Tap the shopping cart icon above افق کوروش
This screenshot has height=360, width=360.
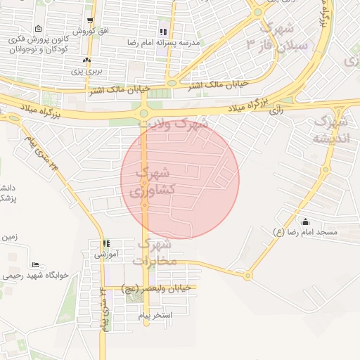click(89, 20)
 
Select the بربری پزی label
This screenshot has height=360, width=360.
click(77, 71)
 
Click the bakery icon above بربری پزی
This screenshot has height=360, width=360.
click(86, 60)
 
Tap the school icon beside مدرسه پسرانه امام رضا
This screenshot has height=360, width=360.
click(163, 32)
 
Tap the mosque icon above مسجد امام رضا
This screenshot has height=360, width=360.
click(305, 221)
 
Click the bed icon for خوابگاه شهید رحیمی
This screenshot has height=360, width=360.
click(8, 265)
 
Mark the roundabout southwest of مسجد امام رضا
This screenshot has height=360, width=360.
click(247, 276)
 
